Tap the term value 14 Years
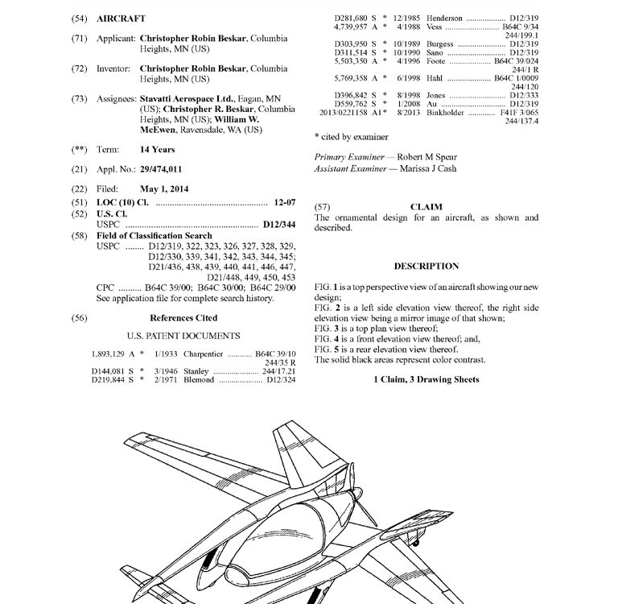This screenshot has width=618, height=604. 158,150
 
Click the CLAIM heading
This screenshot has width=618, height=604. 426,207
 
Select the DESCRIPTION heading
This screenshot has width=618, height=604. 426,267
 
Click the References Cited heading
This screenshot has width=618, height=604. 184,318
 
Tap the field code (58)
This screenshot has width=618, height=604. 79,236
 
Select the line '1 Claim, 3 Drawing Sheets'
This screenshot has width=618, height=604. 426,379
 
